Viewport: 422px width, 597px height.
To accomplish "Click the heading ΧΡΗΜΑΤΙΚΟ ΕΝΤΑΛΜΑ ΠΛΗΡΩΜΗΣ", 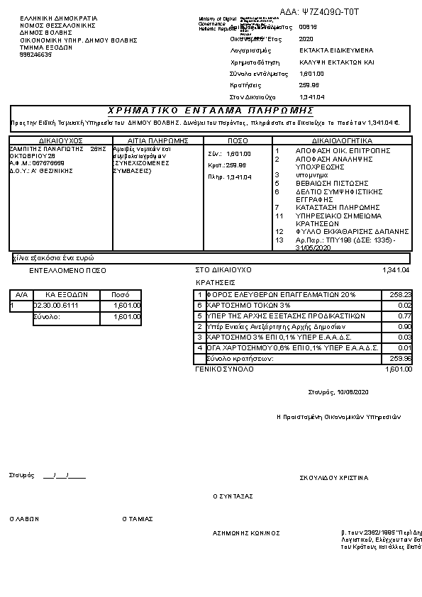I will click(x=211, y=111).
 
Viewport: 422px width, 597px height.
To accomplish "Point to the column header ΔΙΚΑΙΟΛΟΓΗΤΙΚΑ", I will click(x=342, y=140).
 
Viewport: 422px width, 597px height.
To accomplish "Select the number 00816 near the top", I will click(x=308, y=27).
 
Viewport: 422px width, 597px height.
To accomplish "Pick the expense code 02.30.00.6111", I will click(x=56, y=306).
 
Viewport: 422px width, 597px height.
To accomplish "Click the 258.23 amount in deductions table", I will click(x=401, y=294).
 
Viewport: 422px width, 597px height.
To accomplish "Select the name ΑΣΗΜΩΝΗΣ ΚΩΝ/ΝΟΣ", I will click(x=246, y=532).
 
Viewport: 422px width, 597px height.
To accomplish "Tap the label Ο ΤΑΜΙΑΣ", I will click(x=138, y=519).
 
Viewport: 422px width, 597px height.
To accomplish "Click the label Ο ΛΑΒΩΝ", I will click(x=23, y=519).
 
